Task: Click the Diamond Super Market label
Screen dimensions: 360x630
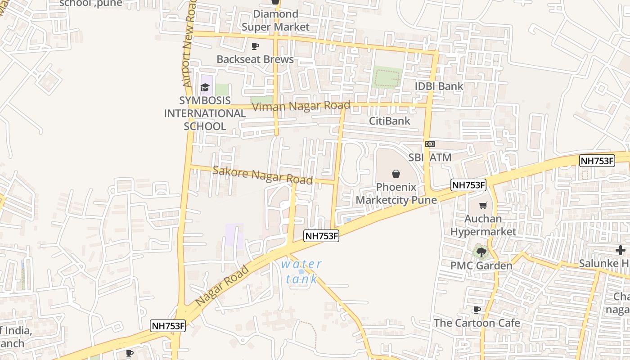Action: pyautogui.click(x=275, y=21)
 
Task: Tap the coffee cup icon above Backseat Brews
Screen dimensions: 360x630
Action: pyautogui.click(x=255, y=46)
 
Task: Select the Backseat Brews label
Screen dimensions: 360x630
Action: pyautogui.click(x=255, y=59)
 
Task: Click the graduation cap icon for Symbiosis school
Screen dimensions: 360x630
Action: pyautogui.click(x=205, y=87)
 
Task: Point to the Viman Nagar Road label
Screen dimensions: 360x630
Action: pyautogui.click(x=301, y=107)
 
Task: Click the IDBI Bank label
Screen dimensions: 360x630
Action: pyautogui.click(x=439, y=86)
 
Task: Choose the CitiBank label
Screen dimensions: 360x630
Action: pyautogui.click(x=390, y=121)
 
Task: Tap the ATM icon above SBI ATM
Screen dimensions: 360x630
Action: pyautogui.click(x=430, y=144)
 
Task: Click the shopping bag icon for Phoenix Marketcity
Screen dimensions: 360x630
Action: pyautogui.click(x=396, y=174)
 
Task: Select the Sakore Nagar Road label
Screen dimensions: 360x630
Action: pyautogui.click(x=262, y=175)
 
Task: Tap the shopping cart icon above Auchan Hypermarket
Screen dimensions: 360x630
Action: pyautogui.click(x=483, y=206)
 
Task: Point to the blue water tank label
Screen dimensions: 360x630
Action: pyautogui.click(x=301, y=271)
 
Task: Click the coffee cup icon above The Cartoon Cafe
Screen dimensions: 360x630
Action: pyautogui.click(x=477, y=310)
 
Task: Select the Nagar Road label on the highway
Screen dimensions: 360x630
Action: pyautogui.click(x=222, y=286)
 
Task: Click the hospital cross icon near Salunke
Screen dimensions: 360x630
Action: pyautogui.click(x=621, y=250)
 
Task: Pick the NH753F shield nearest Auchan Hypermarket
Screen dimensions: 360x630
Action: pyautogui.click(x=468, y=184)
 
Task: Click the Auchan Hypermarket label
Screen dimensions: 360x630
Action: pyautogui.click(x=483, y=225)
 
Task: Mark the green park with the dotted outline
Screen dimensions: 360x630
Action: pyautogui.click(x=387, y=77)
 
